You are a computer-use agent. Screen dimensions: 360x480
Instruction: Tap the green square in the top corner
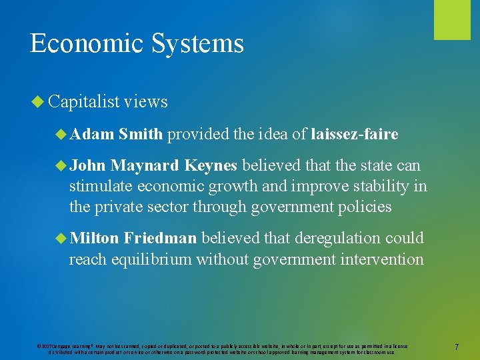pos(452,19)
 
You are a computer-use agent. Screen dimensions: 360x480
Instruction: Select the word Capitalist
pos(84,101)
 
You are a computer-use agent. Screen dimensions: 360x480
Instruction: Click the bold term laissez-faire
pos(355,135)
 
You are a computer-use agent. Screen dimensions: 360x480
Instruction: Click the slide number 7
pos(457,347)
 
